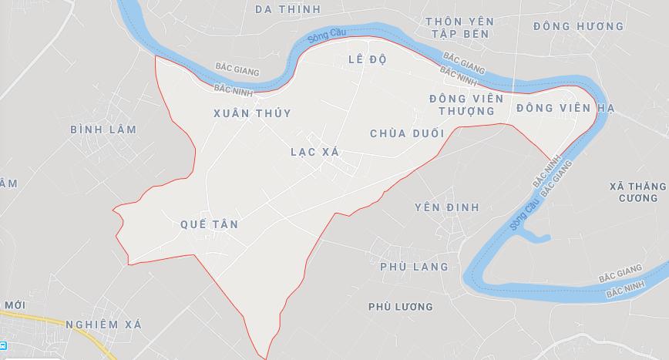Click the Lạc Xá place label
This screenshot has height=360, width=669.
click(314, 152)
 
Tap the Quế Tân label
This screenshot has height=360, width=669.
click(209, 224)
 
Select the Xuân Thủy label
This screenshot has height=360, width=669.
click(252, 113)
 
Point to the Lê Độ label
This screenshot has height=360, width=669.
click(366, 59)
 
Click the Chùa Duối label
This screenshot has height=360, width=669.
click(407, 133)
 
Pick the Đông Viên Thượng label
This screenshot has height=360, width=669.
click(466, 105)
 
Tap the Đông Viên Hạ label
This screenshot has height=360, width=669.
click(565, 108)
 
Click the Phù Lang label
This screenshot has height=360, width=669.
click(414, 267)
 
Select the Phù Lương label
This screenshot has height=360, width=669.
click(400, 307)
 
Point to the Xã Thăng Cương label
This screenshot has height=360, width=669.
click(637, 192)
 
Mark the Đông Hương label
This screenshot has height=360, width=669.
click(578, 26)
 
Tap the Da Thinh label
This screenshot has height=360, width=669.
click(287, 8)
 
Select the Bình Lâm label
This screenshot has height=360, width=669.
click(103, 130)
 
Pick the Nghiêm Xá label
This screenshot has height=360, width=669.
click(103, 325)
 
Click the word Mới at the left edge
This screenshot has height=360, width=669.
click(14, 305)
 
